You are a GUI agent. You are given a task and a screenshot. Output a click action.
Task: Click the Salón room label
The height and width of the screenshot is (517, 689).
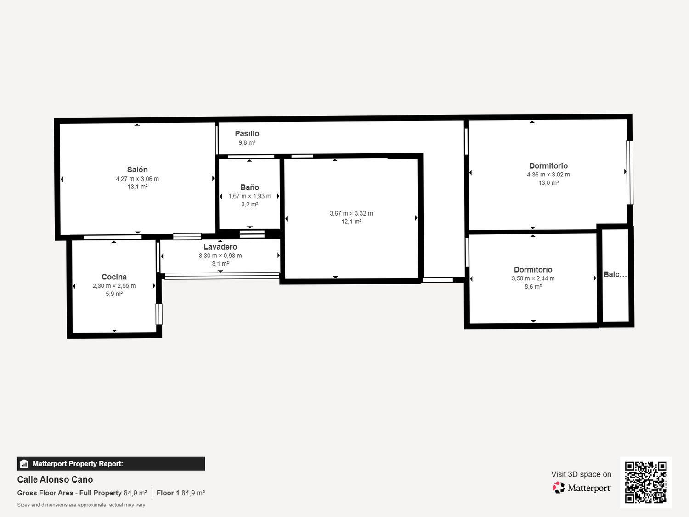click(x=137, y=170)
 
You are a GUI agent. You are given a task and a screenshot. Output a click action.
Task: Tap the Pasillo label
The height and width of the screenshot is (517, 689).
click(x=247, y=133)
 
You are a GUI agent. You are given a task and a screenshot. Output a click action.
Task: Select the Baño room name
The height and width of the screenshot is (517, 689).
click(x=249, y=187)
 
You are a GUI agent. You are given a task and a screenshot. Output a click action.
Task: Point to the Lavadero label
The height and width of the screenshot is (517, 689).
click(x=220, y=247)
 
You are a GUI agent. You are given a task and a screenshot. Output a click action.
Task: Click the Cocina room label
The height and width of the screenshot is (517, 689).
click(x=114, y=277)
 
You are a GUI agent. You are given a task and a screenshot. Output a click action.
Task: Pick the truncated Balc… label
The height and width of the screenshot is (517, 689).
click(x=615, y=274)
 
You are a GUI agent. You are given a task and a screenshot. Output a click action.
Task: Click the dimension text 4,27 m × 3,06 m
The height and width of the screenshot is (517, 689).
click(x=137, y=179)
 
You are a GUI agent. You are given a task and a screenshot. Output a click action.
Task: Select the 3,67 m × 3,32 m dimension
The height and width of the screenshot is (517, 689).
click(x=351, y=213)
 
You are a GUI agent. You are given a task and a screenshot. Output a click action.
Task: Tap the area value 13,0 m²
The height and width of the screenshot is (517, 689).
click(x=548, y=183)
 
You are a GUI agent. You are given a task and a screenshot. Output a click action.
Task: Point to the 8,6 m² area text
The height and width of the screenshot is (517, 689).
click(x=533, y=286)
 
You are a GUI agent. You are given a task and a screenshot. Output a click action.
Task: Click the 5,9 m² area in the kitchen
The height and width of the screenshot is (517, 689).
click(x=114, y=294)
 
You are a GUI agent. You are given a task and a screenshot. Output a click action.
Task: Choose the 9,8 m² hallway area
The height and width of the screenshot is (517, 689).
click(x=247, y=143)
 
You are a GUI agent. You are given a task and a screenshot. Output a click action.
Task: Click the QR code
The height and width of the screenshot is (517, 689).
click(x=646, y=483)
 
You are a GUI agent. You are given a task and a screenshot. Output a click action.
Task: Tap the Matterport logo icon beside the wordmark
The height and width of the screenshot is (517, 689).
click(x=559, y=488)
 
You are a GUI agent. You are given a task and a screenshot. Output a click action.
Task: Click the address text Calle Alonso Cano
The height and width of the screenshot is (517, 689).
click(x=55, y=480)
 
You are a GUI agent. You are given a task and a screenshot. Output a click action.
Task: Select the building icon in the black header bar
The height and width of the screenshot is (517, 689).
click(x=24, y=464)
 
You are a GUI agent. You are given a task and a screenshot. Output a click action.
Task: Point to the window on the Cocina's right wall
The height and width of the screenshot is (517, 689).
click(x=159, y=314)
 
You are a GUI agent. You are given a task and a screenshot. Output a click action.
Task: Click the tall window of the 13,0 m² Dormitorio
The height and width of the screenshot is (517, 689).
click(x=629, y=172)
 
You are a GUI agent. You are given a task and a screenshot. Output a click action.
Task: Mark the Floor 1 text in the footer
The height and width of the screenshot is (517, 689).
click(x=168, y=493)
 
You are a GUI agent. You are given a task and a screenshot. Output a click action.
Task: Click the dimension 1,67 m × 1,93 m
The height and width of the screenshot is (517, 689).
click(x=249, y=196)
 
